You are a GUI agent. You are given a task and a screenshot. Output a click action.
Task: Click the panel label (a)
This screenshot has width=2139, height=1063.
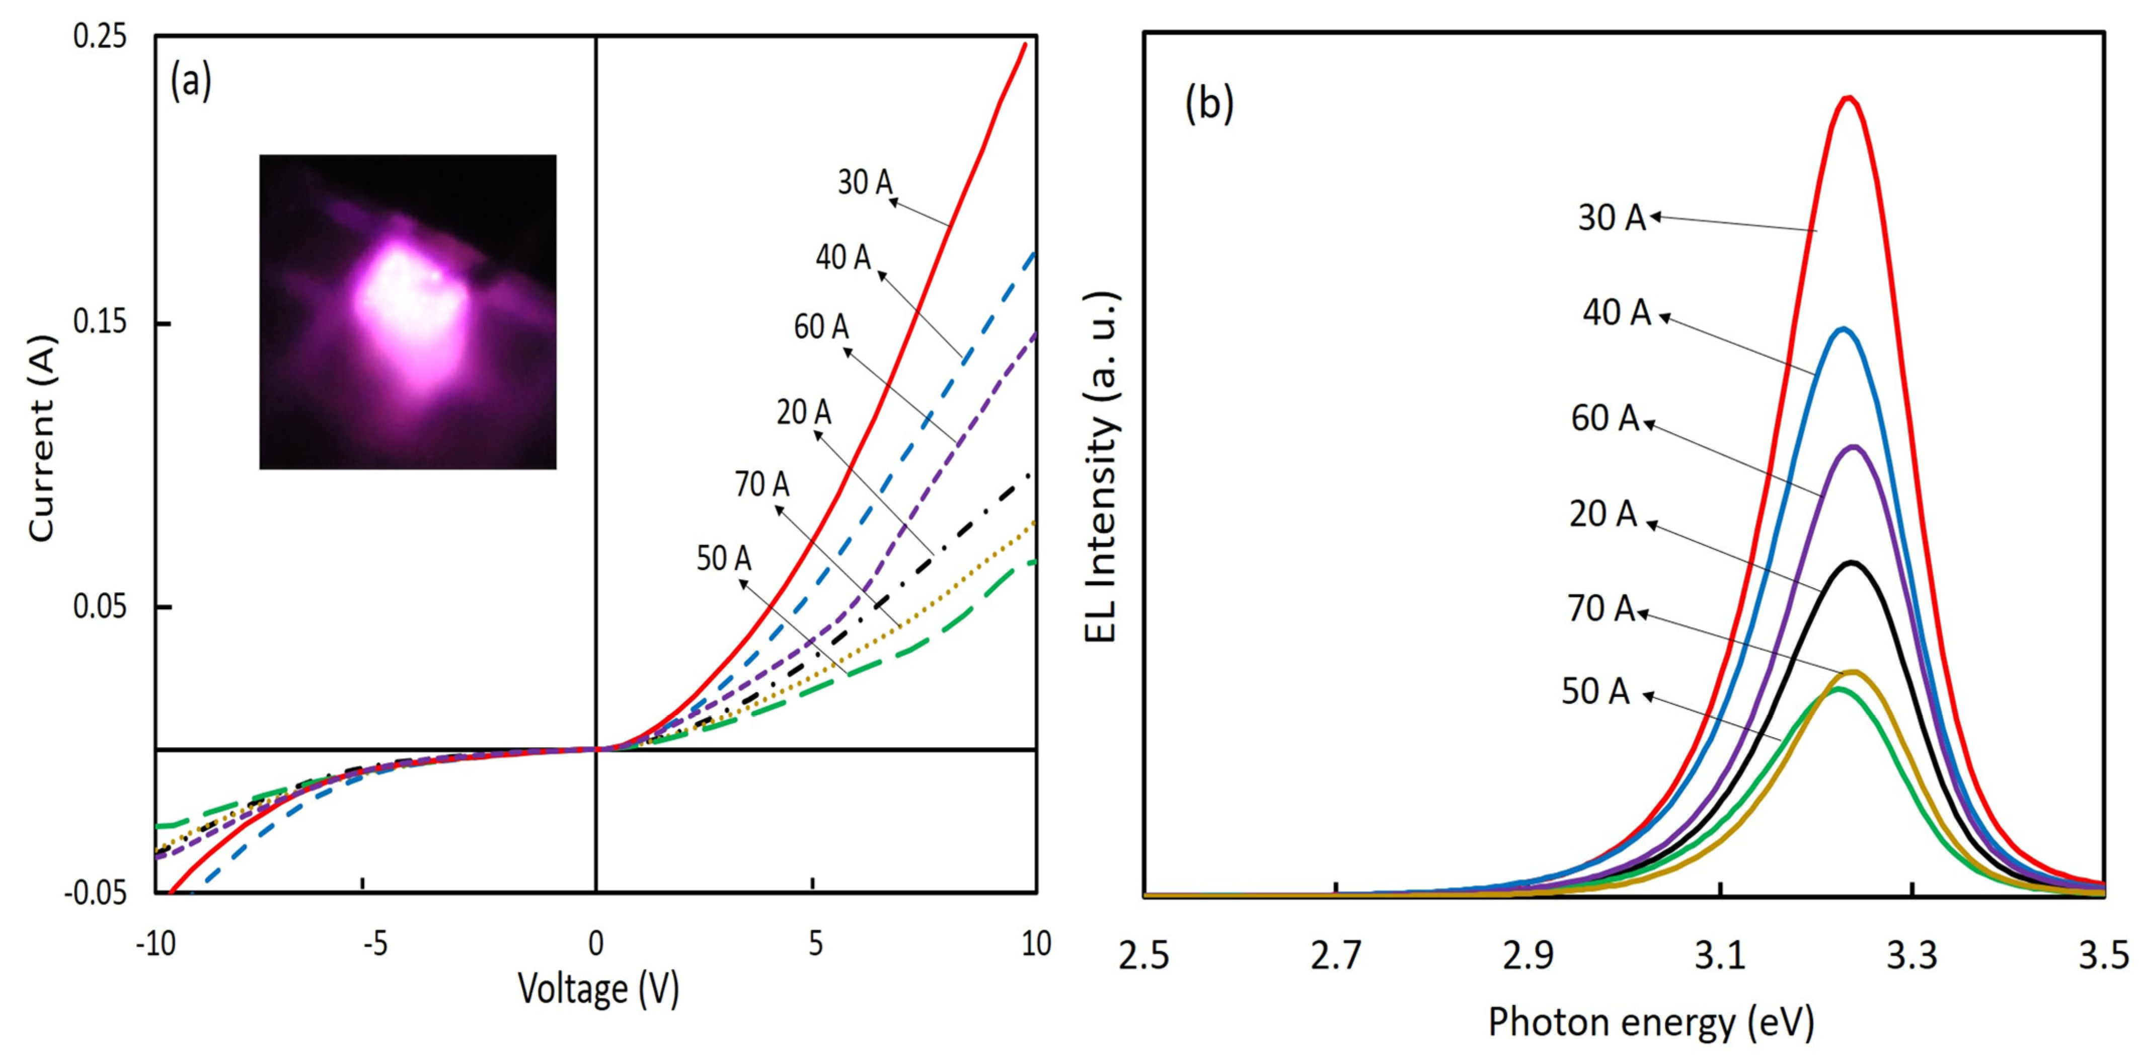pos(191,83)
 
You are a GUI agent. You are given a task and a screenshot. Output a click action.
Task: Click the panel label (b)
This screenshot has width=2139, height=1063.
pos(1208,105)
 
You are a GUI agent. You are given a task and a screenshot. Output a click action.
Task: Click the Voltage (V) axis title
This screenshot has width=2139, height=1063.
pos(598,988)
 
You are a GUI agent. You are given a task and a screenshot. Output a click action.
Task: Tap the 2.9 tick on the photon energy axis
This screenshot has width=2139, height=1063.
pos(1528,956)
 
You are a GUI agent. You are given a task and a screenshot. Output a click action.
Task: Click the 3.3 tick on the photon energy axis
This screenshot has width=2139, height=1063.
pos(1912,956)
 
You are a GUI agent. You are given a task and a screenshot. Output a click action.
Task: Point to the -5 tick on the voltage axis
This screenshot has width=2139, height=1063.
pos(375,944)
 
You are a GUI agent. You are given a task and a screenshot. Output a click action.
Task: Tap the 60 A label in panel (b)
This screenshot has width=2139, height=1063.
pos(1605,418)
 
